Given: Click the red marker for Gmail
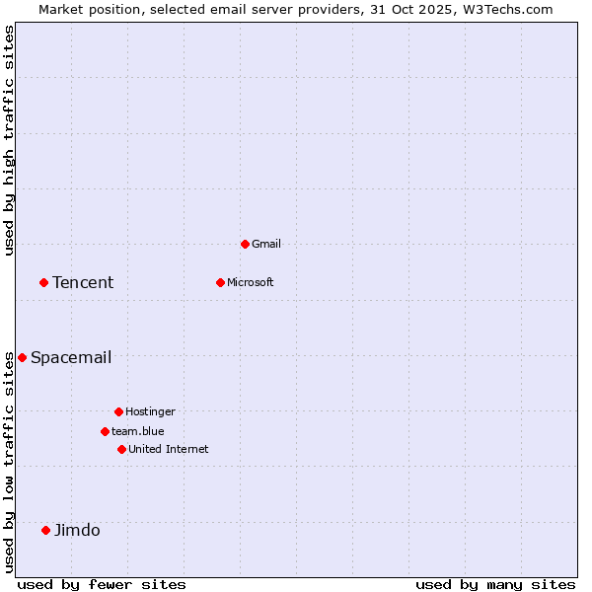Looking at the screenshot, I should coord(245,244).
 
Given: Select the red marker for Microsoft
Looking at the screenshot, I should coord(220,282).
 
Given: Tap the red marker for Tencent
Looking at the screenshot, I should coord(43,282).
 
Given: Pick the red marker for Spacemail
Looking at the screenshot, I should coord(22,357).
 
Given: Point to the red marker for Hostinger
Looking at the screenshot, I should coord(118,411).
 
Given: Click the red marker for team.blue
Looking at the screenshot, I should coord(105,431).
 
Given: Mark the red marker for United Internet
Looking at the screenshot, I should coord(121,449).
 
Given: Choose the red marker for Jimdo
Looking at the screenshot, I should coord(45,530).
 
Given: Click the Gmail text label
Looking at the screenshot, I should coord(266,244).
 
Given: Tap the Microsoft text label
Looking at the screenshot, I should coord(251,282).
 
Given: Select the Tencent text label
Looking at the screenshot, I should coord(83,282).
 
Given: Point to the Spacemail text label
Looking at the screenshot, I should coord(71,357).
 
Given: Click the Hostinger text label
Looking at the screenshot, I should coord(150,411).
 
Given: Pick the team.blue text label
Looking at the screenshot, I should coord(138,431).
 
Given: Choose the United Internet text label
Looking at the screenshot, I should coord(169,449).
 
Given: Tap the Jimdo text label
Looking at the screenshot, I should coord(77,530).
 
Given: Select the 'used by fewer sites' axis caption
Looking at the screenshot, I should coord(102,584).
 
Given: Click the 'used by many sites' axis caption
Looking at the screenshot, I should coord(495,584).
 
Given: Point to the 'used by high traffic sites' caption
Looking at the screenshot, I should coord(9,140).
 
